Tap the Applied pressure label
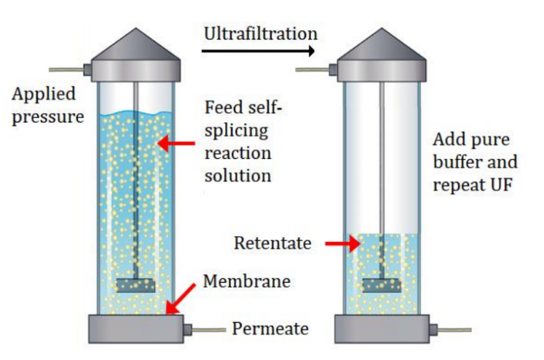[x=47, y=105]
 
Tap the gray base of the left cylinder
[x=136, y=329]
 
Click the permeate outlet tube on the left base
[x=208, y=330]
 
